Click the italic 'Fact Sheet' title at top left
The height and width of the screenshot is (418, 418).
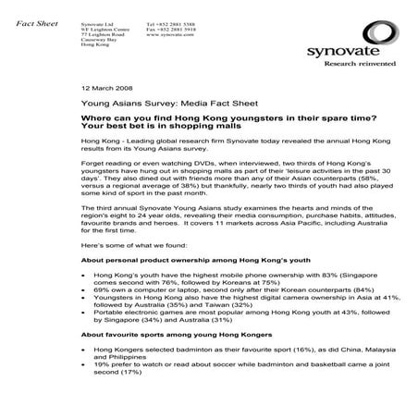click(x=31, y=20)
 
